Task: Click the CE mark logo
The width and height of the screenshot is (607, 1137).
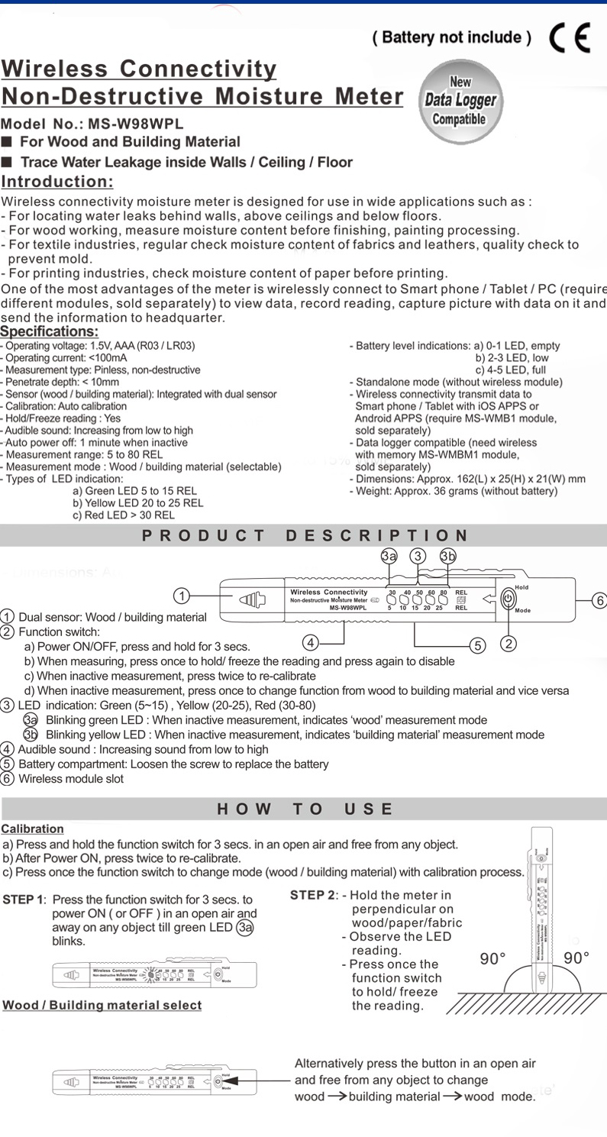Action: click(x=570, y=37)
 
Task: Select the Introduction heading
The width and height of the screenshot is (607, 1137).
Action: click(x=57, y=182)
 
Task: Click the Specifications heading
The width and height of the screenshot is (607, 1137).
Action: click(x=50, y=331)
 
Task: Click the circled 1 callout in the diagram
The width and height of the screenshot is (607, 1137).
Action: click(x=180, y=595)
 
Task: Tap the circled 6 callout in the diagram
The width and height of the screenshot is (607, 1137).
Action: click(x=599, y=600)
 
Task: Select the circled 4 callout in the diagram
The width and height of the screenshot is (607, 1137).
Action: click(x=311, y=641)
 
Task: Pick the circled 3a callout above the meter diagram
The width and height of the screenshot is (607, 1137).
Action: click(x=389, y=556)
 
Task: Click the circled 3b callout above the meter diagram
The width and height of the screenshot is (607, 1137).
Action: click(x=447, y=556)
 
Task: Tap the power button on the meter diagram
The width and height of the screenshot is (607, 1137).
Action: click(x=509, y=599)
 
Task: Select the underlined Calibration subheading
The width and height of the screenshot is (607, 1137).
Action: click(x=32, y=829)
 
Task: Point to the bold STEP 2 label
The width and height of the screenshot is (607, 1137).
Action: click(x=312, y=894)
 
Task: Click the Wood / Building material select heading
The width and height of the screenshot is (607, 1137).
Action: click(x=102, y=1005)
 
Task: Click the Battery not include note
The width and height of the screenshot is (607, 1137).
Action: click(x=451, y=37)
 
